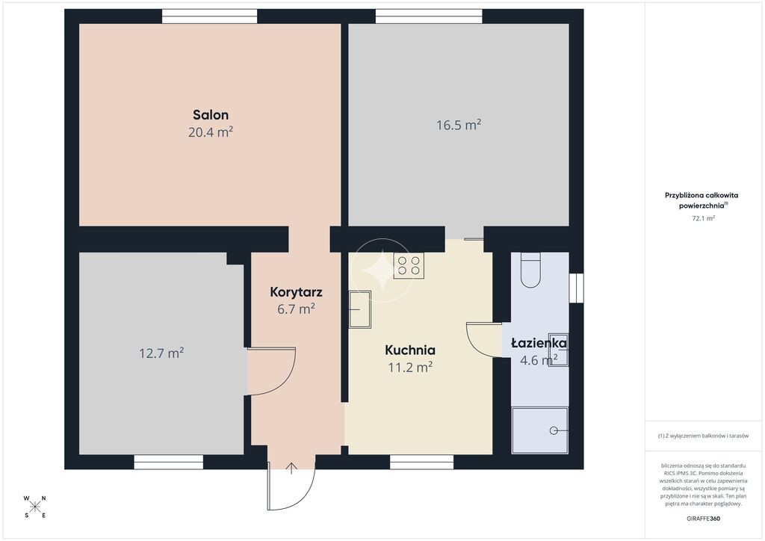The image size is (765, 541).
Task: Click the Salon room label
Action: [x=211, y=115]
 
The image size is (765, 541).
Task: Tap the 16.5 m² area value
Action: [x=459, y=125]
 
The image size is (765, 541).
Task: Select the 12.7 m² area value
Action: [x=161, y=353]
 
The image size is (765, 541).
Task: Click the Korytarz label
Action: [x=296, y=292]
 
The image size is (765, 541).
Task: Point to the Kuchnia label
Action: [x=410, y=350]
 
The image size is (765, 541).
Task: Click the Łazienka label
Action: [x=539, y=344]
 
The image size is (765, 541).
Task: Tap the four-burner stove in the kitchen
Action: [x=409, y=266]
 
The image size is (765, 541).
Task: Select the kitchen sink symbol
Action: [x=360, y=309]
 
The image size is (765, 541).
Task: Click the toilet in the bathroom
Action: [x=530, y=270]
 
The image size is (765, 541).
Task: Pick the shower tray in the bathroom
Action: [x=540, y=430]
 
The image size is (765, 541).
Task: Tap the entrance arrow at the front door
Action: [x=291, y=468]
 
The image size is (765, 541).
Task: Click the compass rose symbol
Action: [x=34, y=507]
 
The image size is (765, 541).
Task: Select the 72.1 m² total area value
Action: [x=703, y=218]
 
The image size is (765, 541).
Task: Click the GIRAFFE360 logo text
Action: [x=703, y=519]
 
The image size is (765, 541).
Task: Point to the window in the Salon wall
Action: [x=210, y=16]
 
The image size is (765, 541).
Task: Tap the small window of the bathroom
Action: [x=576, y=288]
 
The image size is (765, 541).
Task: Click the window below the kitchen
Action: [x=421, y=462]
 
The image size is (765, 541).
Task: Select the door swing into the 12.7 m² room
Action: [x=271, y=371]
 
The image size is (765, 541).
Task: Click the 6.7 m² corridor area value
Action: [x=296, y=309]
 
